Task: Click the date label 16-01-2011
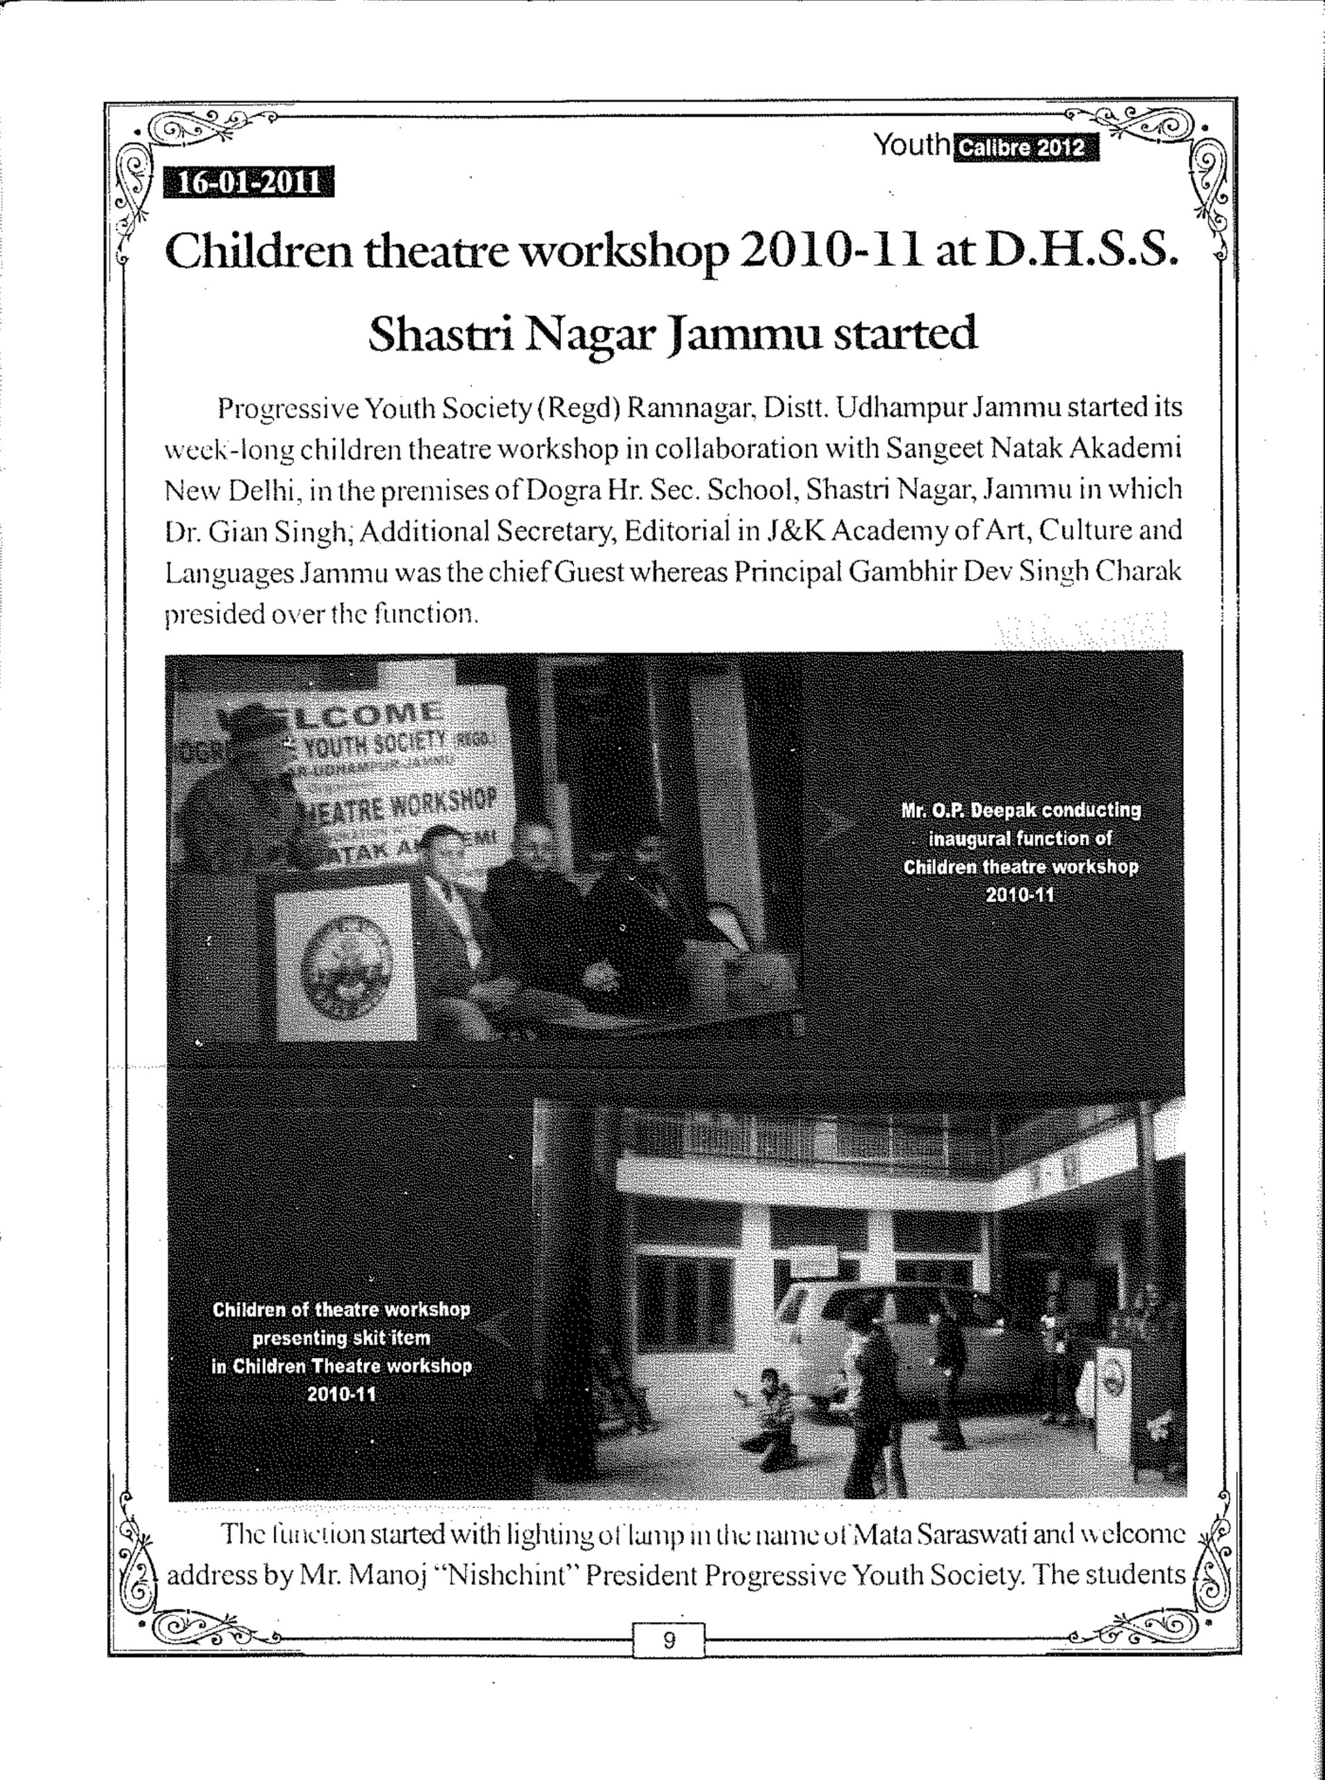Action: pyautogui.click(x=248, y=183)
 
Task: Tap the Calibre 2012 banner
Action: pyautogui.click(x=1023, y=148)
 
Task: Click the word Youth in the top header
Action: pyautogui.click(x=911, y=145)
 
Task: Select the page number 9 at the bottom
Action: pyautogui.click(x=669, y=1640)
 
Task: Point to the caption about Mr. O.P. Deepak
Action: pyautogui.click(x=1021, y=852)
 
